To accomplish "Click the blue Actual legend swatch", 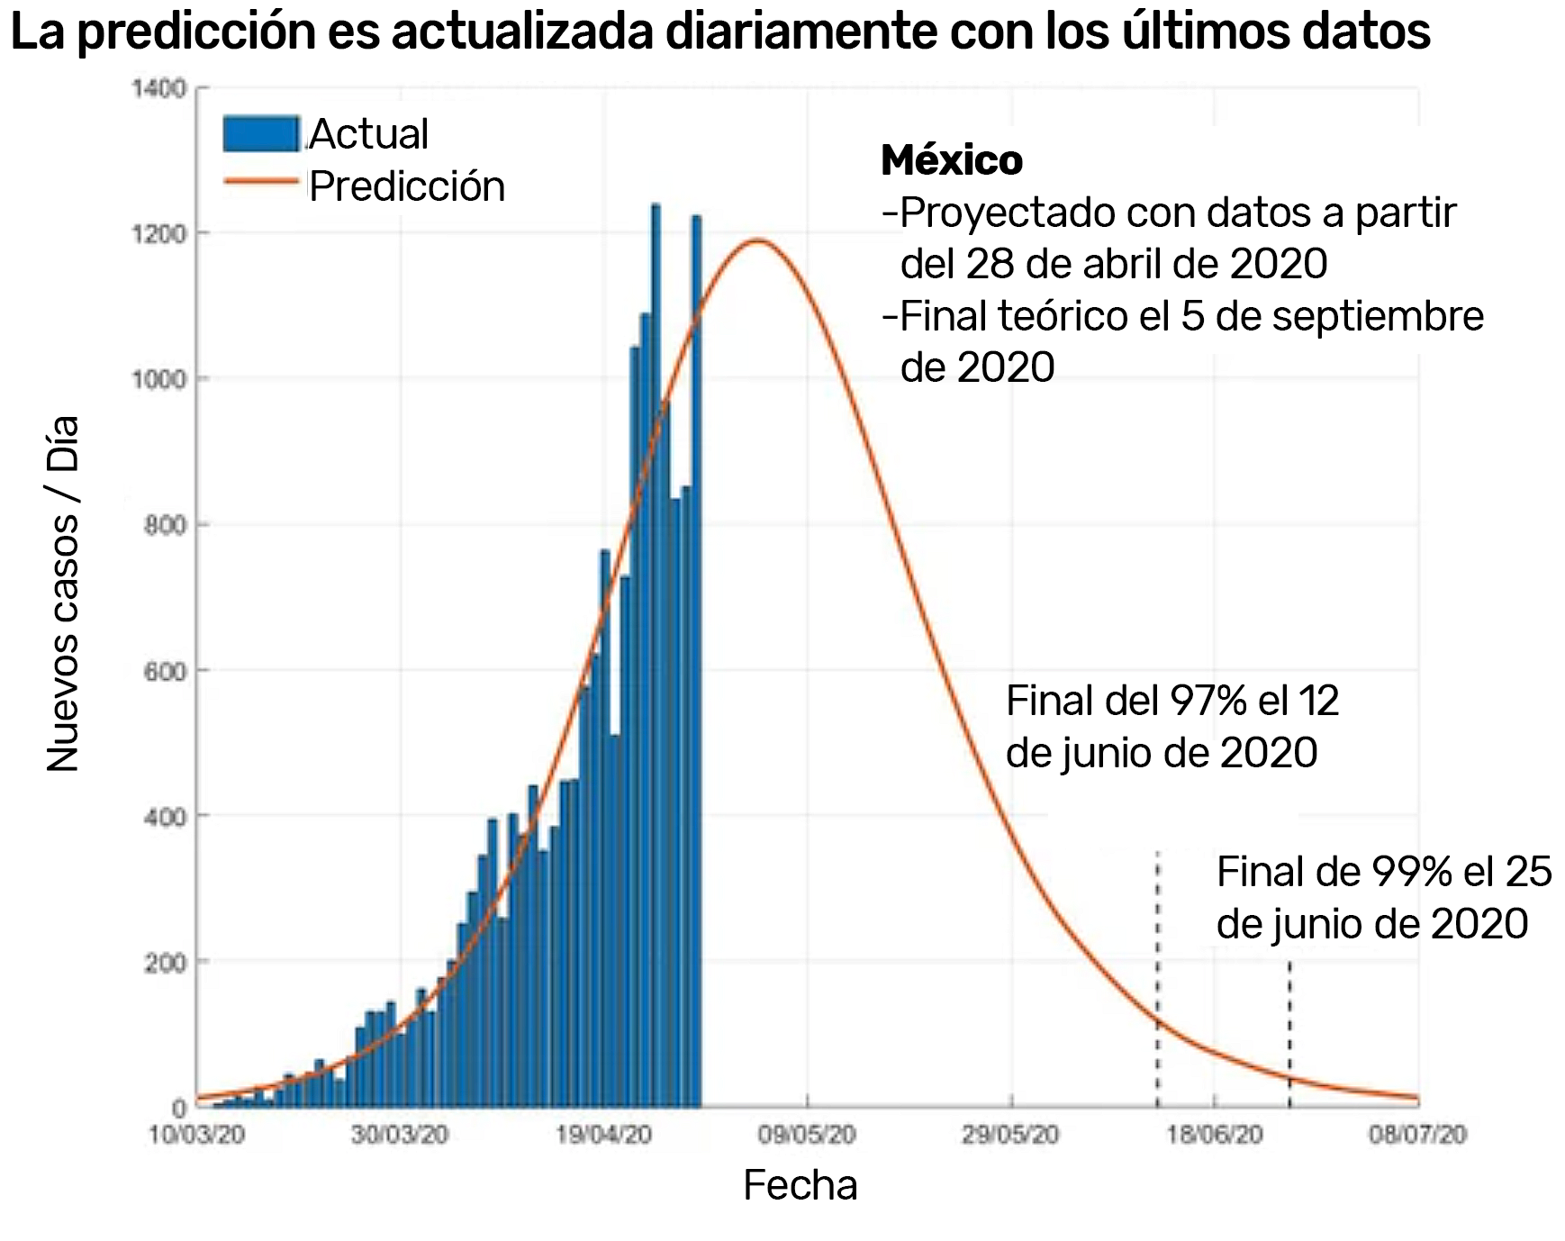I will point(260,133).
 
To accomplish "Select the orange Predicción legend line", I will point(260,181).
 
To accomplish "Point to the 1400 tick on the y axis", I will point(158,88).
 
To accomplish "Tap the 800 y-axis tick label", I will point(165,525).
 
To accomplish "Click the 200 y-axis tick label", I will point(165,963).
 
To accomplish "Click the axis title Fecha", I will point(800,1185).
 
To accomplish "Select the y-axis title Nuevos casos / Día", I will point(63,594).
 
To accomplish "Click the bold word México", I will point(952,160).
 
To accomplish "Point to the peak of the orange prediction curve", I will point(757,240).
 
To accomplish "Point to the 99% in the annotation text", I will point(1411,872).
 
